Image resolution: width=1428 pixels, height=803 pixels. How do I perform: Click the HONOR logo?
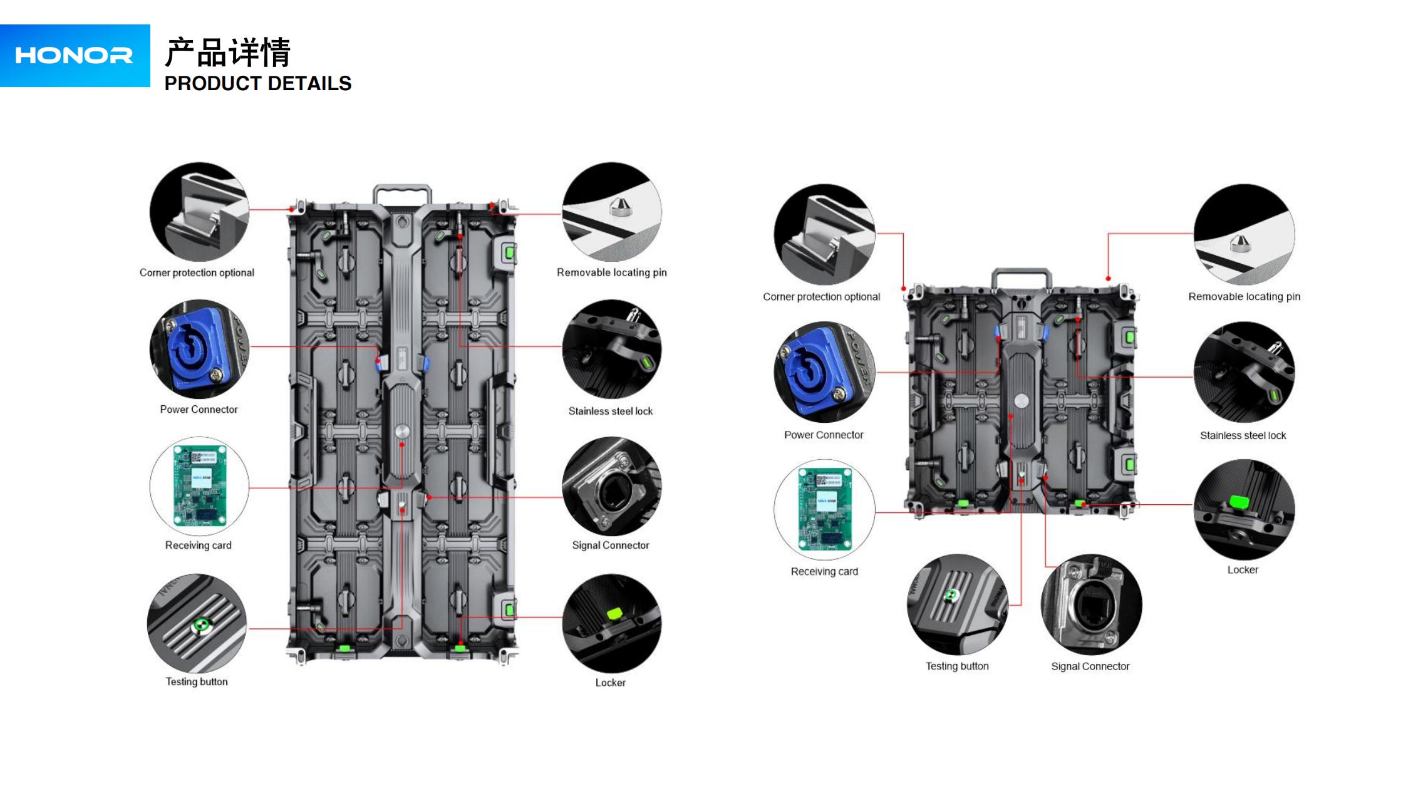pyautogui.click(x=74, y=56)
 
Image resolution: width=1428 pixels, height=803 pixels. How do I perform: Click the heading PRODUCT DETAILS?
pyautogui.click(x=257, y=83)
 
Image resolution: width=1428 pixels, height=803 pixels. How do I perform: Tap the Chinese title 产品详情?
pyautogui.click(x=227, y=52)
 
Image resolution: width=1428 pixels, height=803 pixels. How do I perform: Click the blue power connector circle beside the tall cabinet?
pyautogui.click(x=199, y=349)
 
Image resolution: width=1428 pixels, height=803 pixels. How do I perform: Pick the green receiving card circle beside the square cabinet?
pyautogui.click(x=824, y=510)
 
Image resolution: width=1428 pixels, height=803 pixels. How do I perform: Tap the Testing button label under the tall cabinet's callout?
pyautogui.click(x=197, y=681)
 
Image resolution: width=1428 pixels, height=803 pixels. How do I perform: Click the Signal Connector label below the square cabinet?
pyautogui.click(x=1090, y=666)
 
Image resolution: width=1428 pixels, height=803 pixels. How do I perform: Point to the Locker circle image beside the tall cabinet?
pyautogui.click(x=612, y=623)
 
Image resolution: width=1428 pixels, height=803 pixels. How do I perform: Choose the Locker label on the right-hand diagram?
pyautogui.click(x=1243, y=570)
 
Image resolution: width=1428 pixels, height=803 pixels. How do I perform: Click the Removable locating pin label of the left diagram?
pyautogui.click(x=611, y=272)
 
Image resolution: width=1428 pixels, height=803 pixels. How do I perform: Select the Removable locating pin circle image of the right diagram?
pyautogui.click(x=1244, y=234)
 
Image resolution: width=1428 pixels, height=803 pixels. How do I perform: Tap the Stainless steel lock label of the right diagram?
pyautogui.click(x=1243, y=435)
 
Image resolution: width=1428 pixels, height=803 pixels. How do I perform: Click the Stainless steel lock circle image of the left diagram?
pyautogui.click(x=612, y=349)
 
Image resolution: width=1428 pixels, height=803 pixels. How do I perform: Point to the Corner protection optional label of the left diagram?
pyautogui.click(x=197, y=272)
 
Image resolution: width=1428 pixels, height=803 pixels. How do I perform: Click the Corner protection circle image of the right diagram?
pyautogui.click(x=824, y=234)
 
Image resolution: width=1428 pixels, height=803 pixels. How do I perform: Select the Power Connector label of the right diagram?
pyautogui.click(x=824, y=435)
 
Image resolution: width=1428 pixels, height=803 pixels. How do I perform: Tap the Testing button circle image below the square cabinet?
pyautogui.click(x=957, y=604)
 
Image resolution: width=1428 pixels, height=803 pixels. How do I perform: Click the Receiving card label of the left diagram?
pyautogui.click(x=198, y=545)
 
